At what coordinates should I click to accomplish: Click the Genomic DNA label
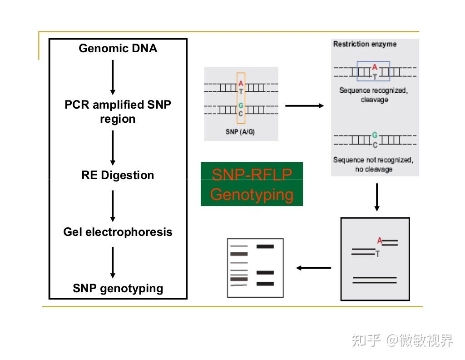coord(118,48)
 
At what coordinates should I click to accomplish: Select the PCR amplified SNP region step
coord(118,112)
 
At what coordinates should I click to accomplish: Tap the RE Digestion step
coord(118,175)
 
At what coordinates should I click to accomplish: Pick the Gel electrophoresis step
coord(118,232)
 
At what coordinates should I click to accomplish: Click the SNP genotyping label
coord(118,288)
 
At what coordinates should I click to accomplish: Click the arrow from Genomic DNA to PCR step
coord(113,77)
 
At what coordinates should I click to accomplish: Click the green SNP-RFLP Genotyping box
coord(252,184)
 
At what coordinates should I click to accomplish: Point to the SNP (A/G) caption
coord(240,132)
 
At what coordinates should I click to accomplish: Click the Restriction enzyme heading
coord(365,44)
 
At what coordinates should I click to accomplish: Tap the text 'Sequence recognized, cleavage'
coord(374,95)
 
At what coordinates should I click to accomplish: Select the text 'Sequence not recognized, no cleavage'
coord(373,164)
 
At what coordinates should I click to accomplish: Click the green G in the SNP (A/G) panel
coord(241,106)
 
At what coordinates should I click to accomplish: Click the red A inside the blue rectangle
coord(374,68)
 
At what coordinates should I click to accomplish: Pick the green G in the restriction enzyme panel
coord(374,135)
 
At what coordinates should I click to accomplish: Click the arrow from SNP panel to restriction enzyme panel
coord(304,106)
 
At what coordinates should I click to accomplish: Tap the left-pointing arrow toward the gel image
coord(314,268)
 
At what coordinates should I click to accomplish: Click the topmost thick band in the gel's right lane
coord(265,246)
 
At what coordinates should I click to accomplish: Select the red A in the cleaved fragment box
coord(380,241)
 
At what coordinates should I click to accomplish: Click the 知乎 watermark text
coord(366,340)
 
